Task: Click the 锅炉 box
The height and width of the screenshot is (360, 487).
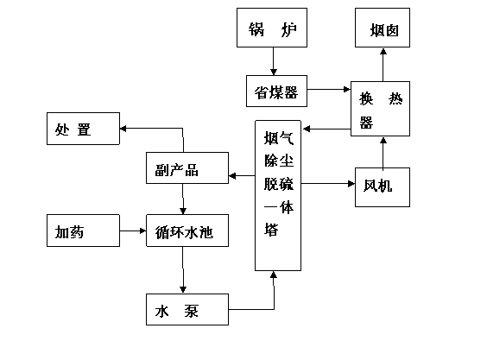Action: [x=272, y=28]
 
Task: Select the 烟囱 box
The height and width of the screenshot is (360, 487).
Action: [x=383, y=28]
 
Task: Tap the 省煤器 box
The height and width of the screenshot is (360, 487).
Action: [x=276, y=91]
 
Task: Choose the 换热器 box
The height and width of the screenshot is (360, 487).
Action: [x=380, y=109]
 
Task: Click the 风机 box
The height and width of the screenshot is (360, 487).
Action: [x=383, y=187]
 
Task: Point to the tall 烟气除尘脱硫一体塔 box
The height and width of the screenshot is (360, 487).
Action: [x=278, y=195]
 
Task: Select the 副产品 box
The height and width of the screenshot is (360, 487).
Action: [x=187, y=167]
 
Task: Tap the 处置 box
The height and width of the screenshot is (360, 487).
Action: [x=83, y=129]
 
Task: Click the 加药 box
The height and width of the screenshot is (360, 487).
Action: [x=83, y=231]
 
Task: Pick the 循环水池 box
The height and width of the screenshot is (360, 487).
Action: [x=187, y=231]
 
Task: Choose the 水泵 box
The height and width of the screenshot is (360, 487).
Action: [x=187, y=309]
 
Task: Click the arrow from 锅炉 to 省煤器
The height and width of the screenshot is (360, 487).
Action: [x=274, y=61]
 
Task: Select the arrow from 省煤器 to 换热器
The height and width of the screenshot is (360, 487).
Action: [x=329, y=90]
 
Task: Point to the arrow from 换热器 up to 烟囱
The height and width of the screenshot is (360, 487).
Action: [x=383, y=65]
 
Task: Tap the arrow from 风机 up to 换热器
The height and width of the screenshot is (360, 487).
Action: [x=383, y=154]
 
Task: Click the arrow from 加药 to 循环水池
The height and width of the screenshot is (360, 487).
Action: [x=133, y=231]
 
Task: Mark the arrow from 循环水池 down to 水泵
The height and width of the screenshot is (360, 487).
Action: [x=183, y=269]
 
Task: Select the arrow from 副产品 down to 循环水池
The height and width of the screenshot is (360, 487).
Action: [x=183, y=199]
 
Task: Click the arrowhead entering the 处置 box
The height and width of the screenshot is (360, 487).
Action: [x=123, y=129]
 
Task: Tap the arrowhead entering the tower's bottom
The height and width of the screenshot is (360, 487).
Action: [x=274, y=275]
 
